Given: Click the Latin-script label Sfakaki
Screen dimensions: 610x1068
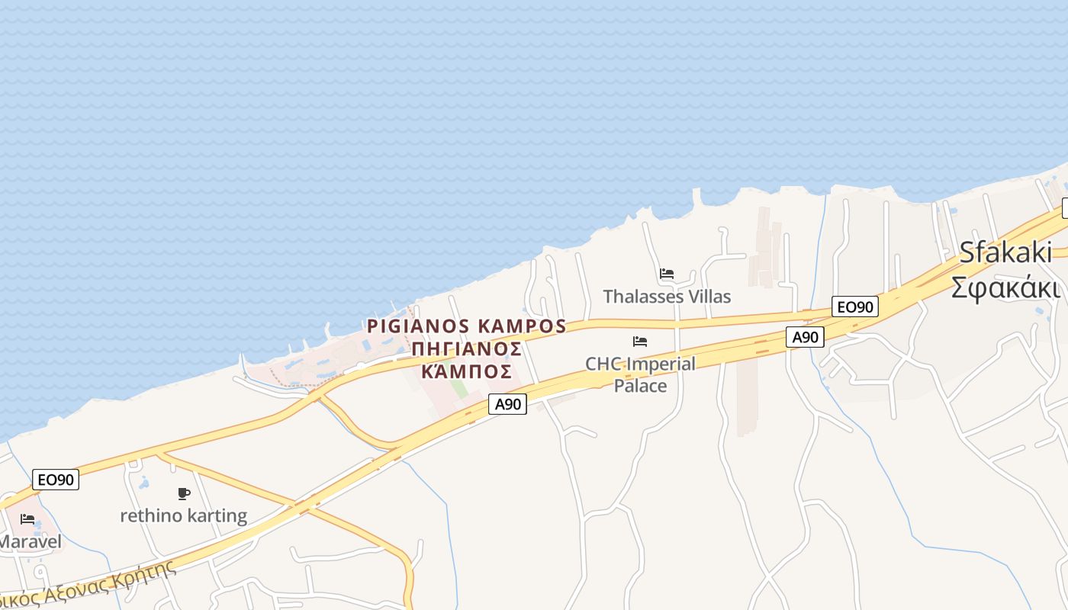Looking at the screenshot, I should tap(1005, 252).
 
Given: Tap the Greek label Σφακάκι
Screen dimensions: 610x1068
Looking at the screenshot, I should tap(1005, 288).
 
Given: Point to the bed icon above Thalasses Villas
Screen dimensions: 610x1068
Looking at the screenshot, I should tap(667, 273).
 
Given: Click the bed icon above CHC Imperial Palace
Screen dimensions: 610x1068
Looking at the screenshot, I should tap(640, 341).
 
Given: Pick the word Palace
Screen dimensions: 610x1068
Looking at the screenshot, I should tap(641, 386).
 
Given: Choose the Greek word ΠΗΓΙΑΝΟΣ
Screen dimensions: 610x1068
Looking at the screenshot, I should tap(467, 349).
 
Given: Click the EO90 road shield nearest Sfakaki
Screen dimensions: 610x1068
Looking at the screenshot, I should tap(855, 307).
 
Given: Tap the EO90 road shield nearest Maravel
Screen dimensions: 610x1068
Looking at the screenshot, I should tap(56, 480).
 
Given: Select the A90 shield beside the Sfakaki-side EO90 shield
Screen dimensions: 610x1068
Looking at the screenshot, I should tap(806, 337).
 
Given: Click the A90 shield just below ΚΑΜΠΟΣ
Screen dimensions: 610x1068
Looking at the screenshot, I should tap(507, 404).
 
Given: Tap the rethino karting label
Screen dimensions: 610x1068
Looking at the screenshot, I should tap(184, 516).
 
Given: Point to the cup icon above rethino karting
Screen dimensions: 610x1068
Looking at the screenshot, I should tap(184, 493).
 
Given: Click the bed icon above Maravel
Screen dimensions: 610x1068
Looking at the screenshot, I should tap(27, 519).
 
